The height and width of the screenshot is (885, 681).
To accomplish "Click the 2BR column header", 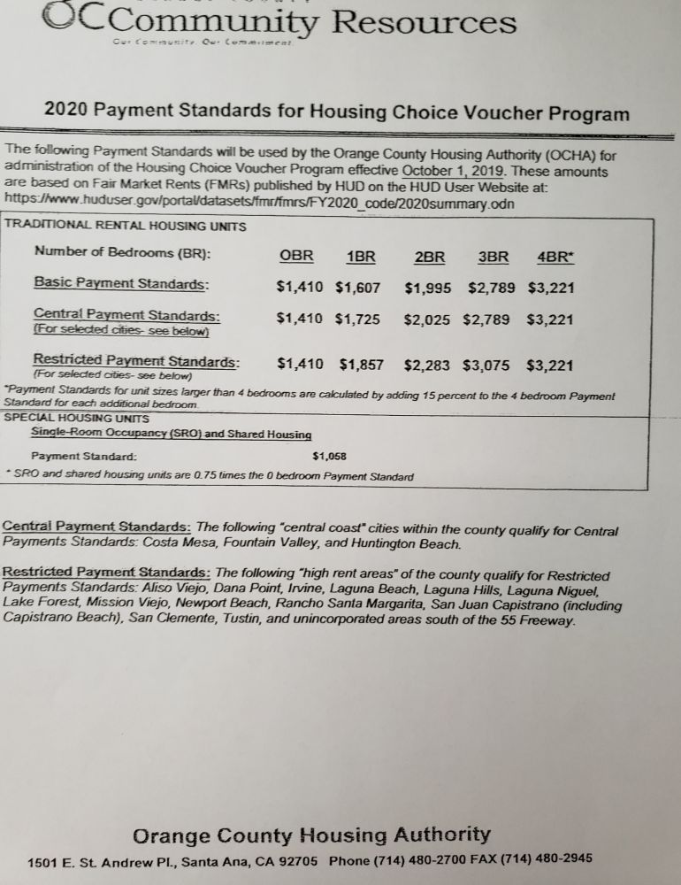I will coord(429,257).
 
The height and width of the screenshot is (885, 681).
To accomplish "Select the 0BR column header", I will coord(296,256).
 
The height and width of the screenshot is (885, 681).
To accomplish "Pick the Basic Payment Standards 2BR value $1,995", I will coord(429,288).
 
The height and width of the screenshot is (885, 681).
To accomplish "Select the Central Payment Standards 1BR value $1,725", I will coord(357,319).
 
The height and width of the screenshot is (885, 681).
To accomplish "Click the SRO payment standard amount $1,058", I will coord(330,457).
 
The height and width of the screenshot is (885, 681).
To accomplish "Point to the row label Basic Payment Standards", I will coord(121,283).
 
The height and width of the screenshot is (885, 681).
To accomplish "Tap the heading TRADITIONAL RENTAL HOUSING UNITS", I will coord(126,227).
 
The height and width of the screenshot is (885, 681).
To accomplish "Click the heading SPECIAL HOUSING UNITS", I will coord(78,418).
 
